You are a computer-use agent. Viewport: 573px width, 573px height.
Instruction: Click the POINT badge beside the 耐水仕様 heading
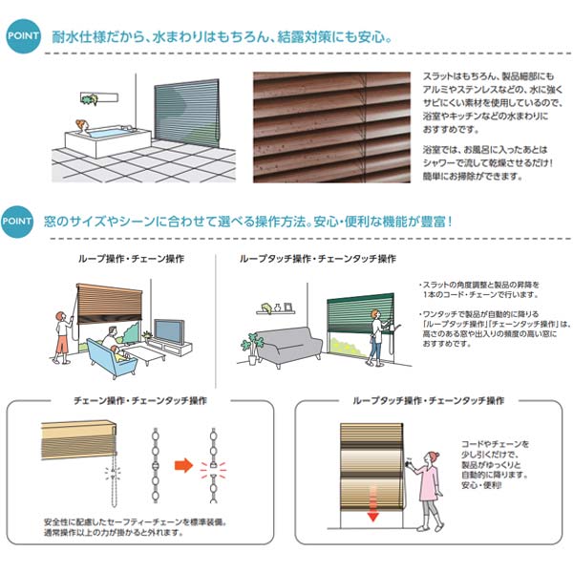click(23, 38)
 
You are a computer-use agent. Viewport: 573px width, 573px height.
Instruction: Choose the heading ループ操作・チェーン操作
click(132, 259)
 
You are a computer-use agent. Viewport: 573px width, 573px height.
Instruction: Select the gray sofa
click(288, 346)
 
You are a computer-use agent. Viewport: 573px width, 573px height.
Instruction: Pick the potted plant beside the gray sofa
click(252, 348)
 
